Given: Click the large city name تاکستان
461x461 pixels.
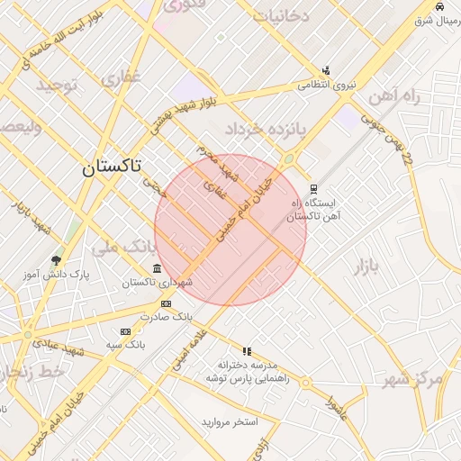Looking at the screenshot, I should pyautogui.click(x=112, y=167).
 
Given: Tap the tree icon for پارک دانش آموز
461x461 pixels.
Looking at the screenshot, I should pyautogui.click(x=57, y=260).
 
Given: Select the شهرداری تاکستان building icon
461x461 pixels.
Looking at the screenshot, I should pyautogui.click(x=158, y=269).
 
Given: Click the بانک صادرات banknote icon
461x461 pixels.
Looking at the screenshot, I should pyautogui.click(x=165, y=305).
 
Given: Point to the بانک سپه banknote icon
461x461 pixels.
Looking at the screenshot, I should pyautogui.click(x=125, y=331).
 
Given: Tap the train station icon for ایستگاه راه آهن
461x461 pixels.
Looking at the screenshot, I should pyautogui.click(x=313, y=189).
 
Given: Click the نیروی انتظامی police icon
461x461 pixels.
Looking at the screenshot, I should pyautogui.click(x=326, y=70).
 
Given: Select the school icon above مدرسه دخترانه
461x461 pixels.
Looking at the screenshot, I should pyautogui.click(x=246, y=351).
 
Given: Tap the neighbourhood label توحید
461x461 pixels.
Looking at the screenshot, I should pyautogui.click(x=59, y=85).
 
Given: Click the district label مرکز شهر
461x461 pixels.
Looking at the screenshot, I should pyautogui.click(x=412, y=378).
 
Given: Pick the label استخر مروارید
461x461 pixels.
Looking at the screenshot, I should pyautogui.click(x=230, y=421).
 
